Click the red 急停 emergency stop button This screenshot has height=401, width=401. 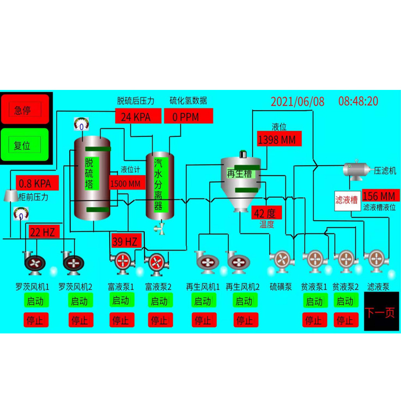[x=25, y=110]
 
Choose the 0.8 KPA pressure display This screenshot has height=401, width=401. [x=35, y=184]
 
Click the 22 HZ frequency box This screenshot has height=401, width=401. [x=42, y=232]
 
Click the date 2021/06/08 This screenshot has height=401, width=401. [x=297, y=101]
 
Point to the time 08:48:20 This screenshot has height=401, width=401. [x=358, y=101]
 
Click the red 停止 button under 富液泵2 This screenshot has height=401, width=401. [x=159, y=320]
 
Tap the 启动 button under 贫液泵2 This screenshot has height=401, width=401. [x=344, y=301]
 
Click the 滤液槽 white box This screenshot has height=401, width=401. [x=346, y=200]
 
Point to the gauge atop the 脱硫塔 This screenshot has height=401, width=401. [x=81, y=125]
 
